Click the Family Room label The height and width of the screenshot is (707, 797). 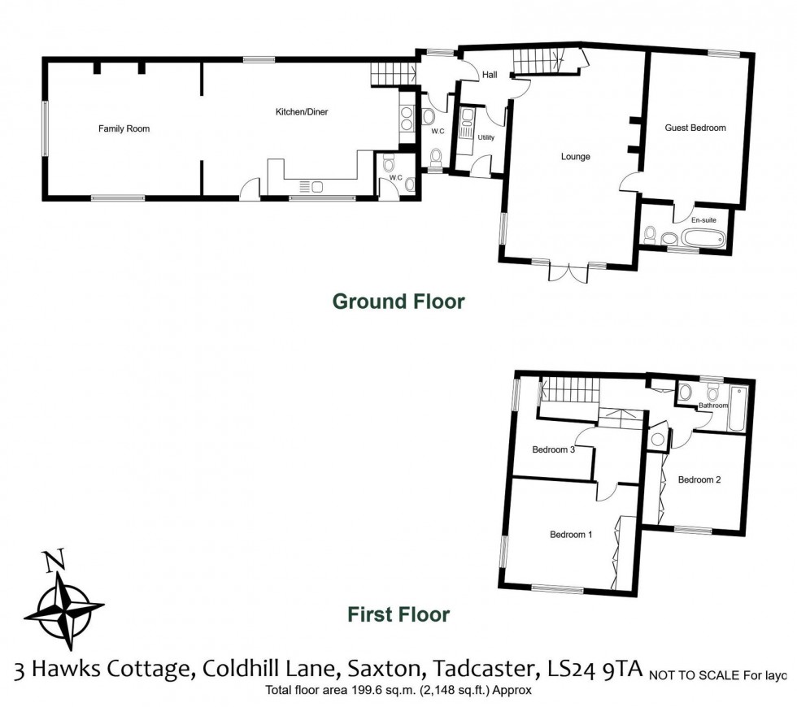tap(124, 128)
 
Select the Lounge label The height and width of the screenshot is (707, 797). tap(575, 156)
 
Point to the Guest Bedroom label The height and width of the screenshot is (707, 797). tap(695, 128)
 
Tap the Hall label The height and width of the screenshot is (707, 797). tap(490, 75)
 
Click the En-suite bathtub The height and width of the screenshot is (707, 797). tap(703, 239)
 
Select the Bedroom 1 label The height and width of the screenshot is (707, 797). tap(571, 535)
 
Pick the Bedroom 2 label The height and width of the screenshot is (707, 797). tap(699, 479)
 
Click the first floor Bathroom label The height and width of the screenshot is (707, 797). tap(713, 405)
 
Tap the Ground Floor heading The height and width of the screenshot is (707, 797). tap(398, 301)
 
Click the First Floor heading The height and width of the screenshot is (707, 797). tap(398, 614)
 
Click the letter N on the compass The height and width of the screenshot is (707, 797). tap(54, 561)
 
